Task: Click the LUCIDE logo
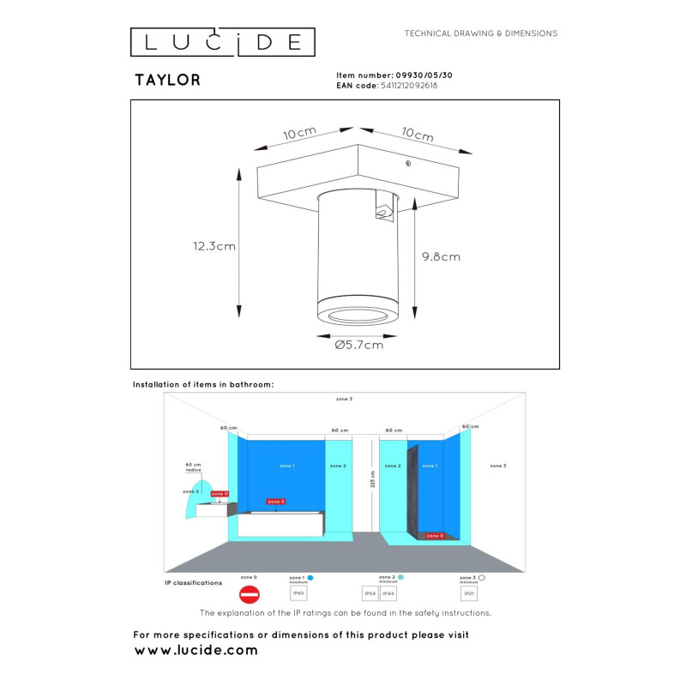222,42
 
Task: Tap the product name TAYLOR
167,81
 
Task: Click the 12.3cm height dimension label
214,246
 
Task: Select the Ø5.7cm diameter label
359,345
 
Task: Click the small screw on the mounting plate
408,163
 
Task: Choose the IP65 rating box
298,593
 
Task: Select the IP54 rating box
370,593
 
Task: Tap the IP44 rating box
388,593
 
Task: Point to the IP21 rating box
469,593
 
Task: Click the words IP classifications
193,582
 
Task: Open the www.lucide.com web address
196,651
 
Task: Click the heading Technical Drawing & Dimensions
481,33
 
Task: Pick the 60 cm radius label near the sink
193,467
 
